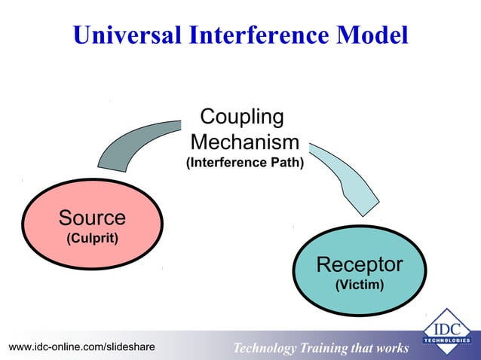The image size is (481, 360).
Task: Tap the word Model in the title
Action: point(374,35)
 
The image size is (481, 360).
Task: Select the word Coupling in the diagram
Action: point(242,117)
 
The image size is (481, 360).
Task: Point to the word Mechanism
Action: point(245,142)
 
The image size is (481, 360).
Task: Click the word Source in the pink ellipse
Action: point(92,218)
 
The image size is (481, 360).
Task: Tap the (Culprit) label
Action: point(92,239)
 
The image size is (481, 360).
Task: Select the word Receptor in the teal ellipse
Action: point(360,265)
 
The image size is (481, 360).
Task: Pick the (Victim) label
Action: point(360,285)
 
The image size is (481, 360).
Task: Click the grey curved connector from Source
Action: point(139,143)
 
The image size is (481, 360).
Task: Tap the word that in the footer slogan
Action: point(363,348)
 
